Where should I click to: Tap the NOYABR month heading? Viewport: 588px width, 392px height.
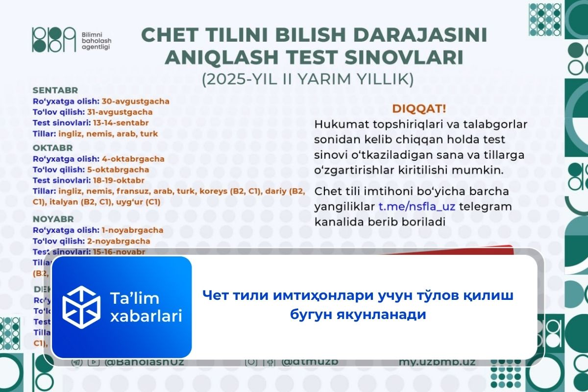click(54, 219)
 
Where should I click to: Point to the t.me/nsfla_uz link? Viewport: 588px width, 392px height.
click(417, 206)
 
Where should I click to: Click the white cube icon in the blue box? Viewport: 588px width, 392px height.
click(81, 306)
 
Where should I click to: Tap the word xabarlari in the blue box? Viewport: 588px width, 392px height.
click(146, 316)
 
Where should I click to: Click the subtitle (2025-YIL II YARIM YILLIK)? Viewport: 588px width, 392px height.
click(308, 79)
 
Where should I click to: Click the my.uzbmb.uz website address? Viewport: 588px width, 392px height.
click(438, 362)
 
